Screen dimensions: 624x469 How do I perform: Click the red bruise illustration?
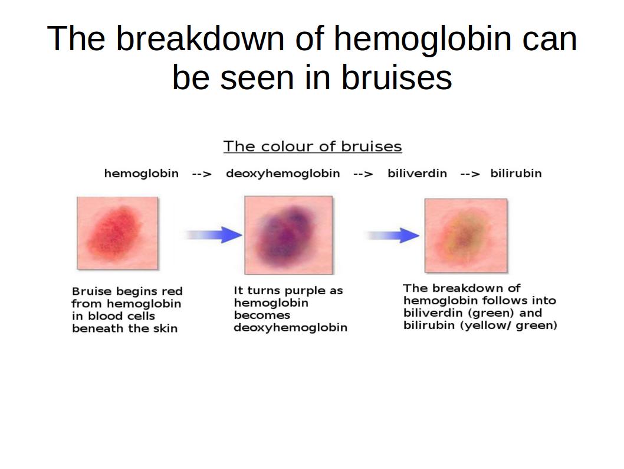point(117,233)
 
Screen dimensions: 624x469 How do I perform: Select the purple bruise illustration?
point(288,235)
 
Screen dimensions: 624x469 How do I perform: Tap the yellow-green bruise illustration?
point(466,236)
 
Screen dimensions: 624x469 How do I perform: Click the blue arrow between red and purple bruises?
point(213,234)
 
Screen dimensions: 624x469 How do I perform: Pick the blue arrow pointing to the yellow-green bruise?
point(392,235)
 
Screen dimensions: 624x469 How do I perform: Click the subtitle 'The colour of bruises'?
point(313,146)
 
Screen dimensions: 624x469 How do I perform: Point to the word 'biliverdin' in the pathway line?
point(417,173)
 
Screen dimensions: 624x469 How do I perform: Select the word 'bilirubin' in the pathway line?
point(515,173)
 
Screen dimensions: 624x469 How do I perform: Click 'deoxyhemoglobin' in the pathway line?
point(283,174)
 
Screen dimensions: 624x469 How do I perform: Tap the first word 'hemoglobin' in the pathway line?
point(142,174)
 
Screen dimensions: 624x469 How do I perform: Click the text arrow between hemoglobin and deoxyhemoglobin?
point(202,174)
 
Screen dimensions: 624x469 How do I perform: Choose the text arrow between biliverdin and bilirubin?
point(470,174)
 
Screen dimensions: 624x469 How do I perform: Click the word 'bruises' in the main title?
point(397,77)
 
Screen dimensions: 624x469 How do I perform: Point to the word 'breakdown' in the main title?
point(200,38)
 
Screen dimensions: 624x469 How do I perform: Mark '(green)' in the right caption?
point(492,313)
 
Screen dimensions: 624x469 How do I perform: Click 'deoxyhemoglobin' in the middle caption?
point(291,328)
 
